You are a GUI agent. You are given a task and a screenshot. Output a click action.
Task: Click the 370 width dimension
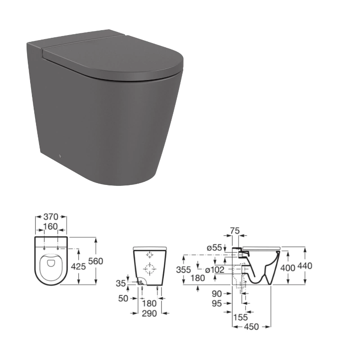tap(51, 216)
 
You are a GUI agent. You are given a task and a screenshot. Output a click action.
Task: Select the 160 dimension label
tap(50, 226)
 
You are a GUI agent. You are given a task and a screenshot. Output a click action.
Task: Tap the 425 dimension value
tap(78, 266)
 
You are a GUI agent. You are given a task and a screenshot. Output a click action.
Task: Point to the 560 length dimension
tap(95, 261)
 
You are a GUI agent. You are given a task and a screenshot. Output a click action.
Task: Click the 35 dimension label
tap(121, 283)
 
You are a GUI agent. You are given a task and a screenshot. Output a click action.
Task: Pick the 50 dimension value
tap(123, 298)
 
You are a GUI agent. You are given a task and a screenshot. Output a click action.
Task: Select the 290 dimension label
tap(149, 313)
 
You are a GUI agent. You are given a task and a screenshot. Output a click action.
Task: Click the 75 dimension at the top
tap(234, 230)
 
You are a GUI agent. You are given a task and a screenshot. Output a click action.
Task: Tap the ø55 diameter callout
tap(215, 247)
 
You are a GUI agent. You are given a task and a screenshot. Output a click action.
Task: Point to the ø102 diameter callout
tap(215, 270)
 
